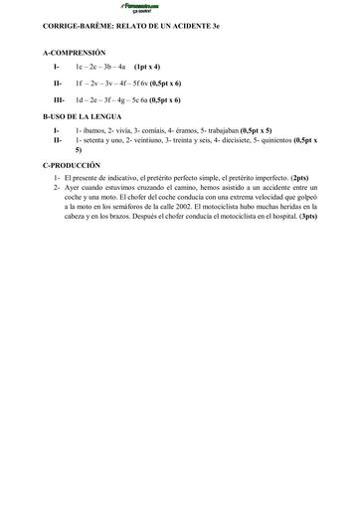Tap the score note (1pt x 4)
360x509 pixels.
[x=146, y=66]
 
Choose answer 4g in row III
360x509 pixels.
[x=130, y=100]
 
